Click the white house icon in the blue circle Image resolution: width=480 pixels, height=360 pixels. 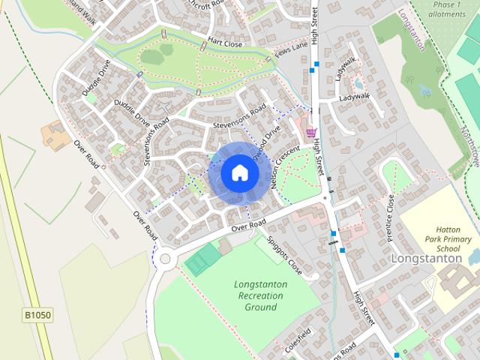click(x=239, y=172)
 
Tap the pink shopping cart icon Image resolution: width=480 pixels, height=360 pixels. click(x=311, y=132)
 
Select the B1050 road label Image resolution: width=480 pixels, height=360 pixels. click(x=37, y=315)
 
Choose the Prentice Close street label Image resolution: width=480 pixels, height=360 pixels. click(x=390, y=217)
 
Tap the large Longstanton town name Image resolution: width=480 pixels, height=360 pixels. click(x=427, y=258)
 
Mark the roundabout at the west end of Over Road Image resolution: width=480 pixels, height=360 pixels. click(x=165, y=259)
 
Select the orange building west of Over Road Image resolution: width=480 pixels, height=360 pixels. click(x=55, y=135)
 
